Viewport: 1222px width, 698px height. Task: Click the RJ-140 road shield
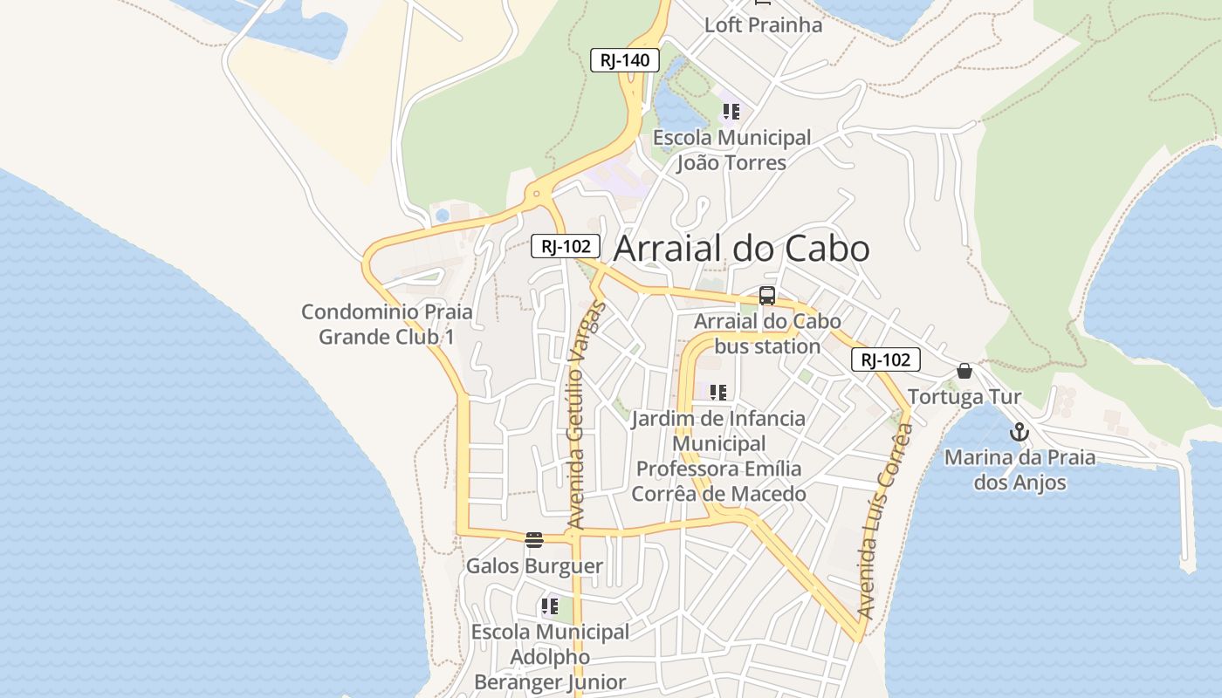[624, 60]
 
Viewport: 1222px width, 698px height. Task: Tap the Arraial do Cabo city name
[741, 249]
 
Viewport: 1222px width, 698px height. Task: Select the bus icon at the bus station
[766, 296]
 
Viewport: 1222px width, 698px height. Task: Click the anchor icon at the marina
[1019, 432]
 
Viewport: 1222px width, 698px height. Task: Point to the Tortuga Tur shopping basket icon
[964, 371]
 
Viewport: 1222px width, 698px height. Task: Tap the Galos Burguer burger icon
[534, 540]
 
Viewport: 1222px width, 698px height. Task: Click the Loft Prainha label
[763, 24]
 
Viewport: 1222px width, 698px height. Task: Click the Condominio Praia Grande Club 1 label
[387, 324]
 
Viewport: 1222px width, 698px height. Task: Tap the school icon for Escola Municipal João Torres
[731, 112]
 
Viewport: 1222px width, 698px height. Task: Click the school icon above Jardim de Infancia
[717, 392]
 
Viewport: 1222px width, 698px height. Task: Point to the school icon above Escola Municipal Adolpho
[549, 606]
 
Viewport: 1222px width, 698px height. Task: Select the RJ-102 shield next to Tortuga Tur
[885, 359]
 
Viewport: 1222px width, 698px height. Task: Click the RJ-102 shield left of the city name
[566, 246]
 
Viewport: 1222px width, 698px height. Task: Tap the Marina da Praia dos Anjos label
[1019, 469]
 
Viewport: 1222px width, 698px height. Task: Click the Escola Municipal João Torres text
[731, 150]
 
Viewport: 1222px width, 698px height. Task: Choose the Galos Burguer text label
[534, 566]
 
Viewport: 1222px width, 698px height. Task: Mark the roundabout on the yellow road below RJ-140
[536, 194]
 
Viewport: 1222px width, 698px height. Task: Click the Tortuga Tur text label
[964, 398]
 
